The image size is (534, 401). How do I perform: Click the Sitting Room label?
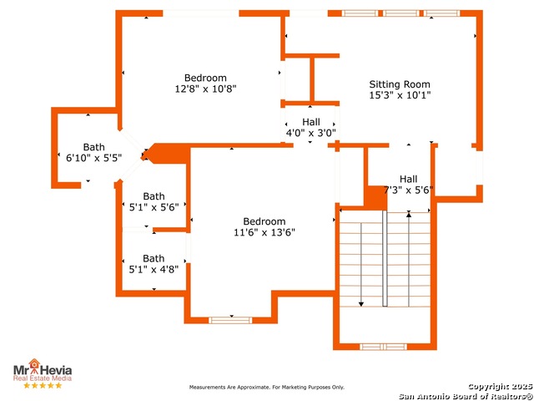pyautogui.click(x=400, y=84)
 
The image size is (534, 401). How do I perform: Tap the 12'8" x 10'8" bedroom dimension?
pyautogui.click(x=206, y=89)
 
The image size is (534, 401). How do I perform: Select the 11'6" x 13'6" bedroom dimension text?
pyautogui.click(x=264, y=232)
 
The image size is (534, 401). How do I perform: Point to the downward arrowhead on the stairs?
pyautogui.click(x=361, y=304)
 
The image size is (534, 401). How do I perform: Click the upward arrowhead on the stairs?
pyautogui.click(x=409, y=215)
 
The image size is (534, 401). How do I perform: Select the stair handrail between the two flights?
pyautogui.click(x=385, y=258)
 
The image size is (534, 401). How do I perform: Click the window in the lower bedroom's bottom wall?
pyautogui.click(x=230, y=320)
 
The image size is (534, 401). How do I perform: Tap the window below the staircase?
pyautogui.click(x=383, y=347)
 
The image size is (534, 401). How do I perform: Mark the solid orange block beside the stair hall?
pyautogui.click(x=375, y=197)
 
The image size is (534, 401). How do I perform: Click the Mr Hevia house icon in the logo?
pyautogui.click(x=34, y=364)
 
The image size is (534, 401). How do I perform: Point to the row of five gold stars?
pyautogui.click(x=43, y=385)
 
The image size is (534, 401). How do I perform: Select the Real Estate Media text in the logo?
pyautogui.click(x=43, y=378)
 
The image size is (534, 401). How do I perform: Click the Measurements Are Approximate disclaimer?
pyautogui.click(x=267, y=387)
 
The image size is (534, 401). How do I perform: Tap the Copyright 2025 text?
pyautogui.click(x=501, y=386)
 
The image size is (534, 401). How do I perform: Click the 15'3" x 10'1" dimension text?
pyautogui.click(x=400, y=95)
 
